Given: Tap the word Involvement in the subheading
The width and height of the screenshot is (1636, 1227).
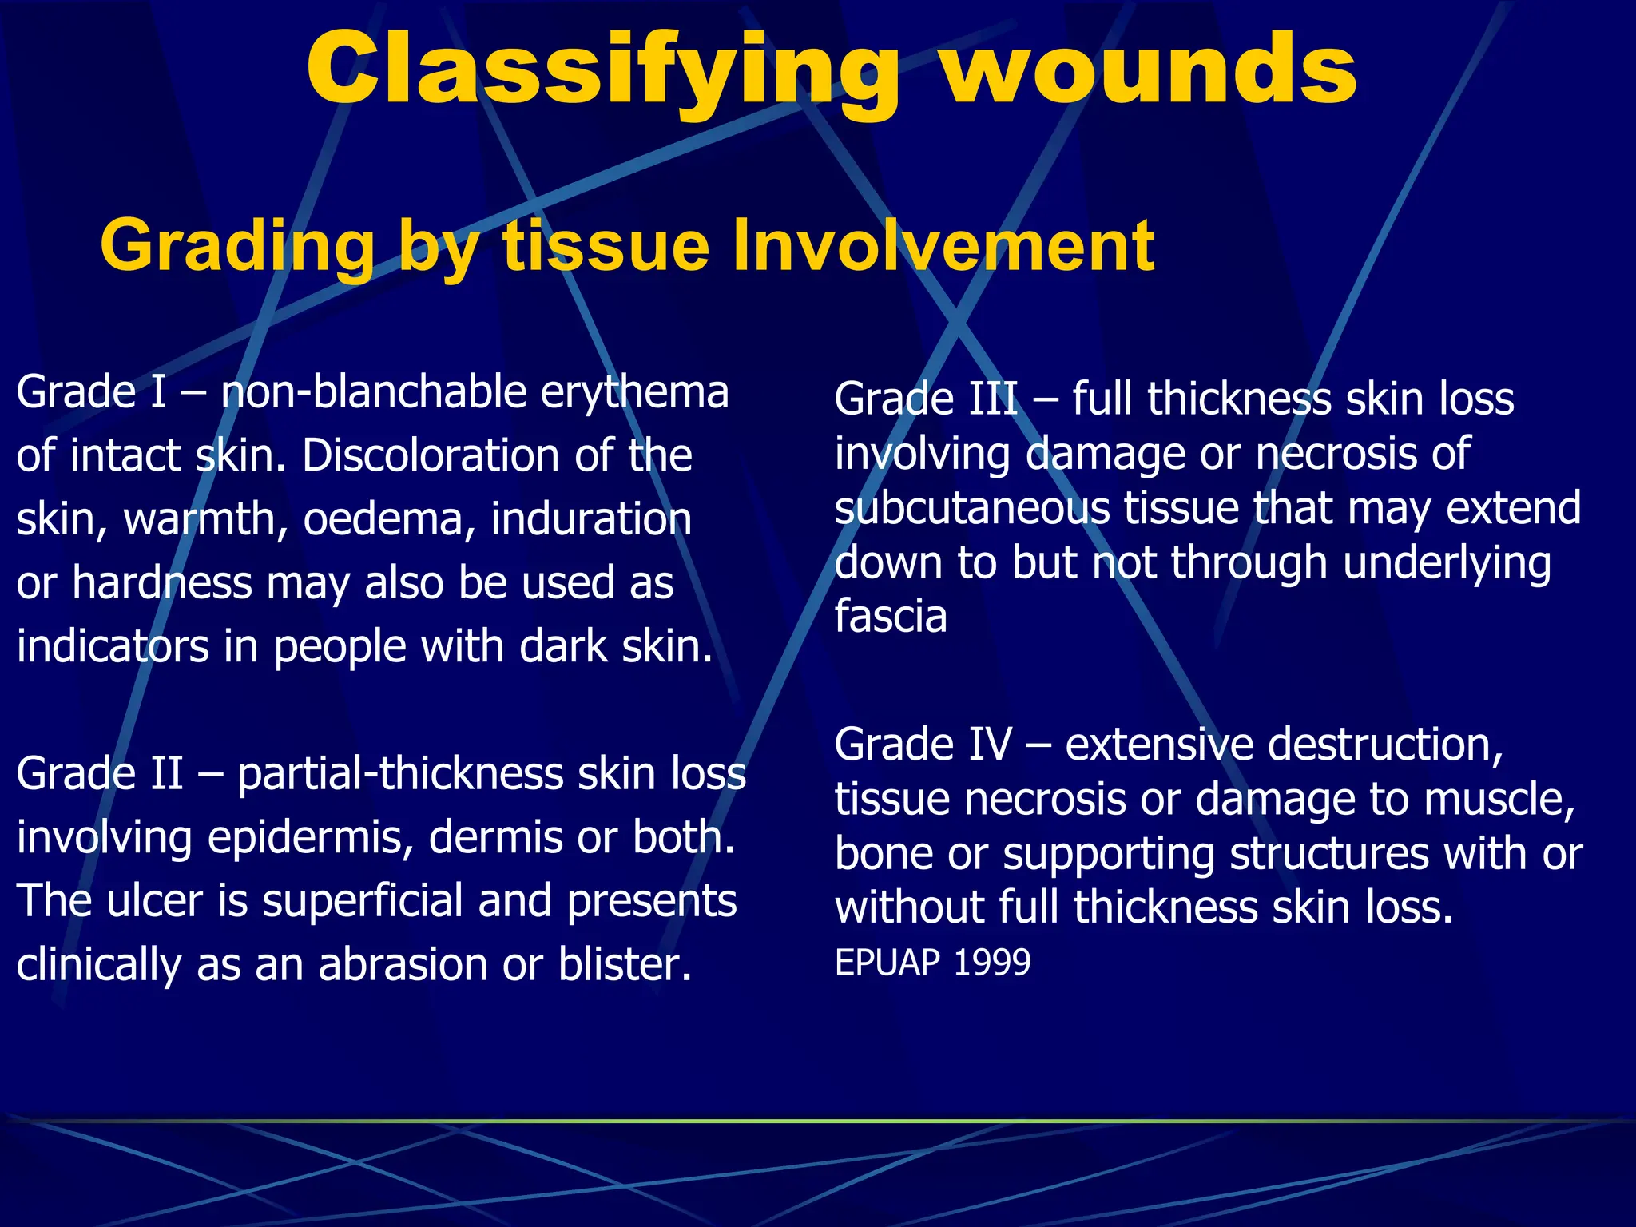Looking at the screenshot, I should (943, 246).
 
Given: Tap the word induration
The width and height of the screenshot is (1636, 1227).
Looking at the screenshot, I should (591, 519).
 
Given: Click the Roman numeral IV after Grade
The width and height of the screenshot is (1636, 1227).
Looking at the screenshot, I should (991, 745).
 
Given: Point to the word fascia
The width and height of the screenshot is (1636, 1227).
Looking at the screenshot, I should (891, 617).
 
